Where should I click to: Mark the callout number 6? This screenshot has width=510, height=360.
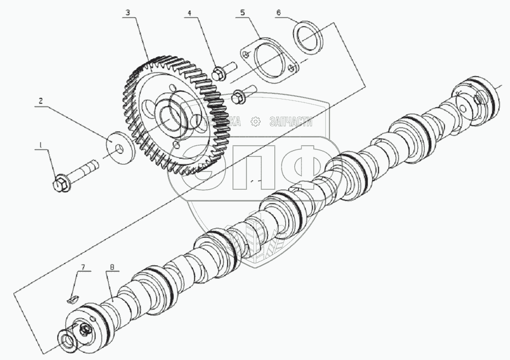click(x=278, y=11)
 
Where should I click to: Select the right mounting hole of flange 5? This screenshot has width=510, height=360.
click(x=291, y=66)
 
